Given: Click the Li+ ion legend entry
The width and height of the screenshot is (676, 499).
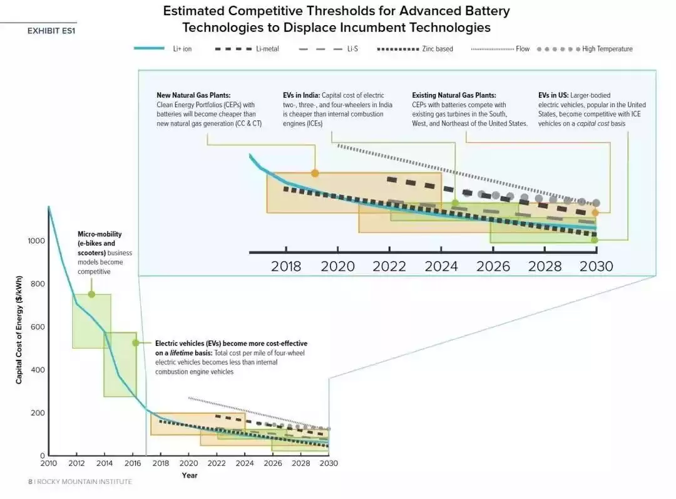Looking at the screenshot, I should click(x=182, y=49).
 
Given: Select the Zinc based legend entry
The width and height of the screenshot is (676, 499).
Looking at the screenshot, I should click(x=436, y=49).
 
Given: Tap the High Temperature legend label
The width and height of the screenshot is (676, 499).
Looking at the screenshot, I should click(x=607, y=49).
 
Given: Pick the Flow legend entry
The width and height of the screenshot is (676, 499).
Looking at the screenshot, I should click(x=522, y=49).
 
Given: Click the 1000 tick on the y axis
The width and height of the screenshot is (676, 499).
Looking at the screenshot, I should click(x=36, y=241).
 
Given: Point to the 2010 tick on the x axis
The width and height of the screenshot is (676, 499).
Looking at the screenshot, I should click(x=48, y=463).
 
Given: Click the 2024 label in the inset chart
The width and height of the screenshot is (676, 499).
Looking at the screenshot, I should click(x=441, y=266).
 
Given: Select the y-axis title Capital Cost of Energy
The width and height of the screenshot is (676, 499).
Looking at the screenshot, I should click(x=19, y=332).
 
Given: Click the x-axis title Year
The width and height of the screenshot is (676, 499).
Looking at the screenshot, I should click(x=189, y=475).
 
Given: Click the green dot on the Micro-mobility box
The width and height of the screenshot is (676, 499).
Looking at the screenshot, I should click(x=91, y=294).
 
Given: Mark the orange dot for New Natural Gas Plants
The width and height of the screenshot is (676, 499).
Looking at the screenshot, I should click(x=315, y=173).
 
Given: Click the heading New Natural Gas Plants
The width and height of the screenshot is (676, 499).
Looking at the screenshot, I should click(x=193, y=95).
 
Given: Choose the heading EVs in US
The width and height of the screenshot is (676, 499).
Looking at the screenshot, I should click(x=553, y=95).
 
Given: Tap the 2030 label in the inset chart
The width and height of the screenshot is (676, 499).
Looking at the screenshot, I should click(x=597, y=266).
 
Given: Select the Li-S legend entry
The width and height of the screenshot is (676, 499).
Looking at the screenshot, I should click(x=352, y=49).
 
